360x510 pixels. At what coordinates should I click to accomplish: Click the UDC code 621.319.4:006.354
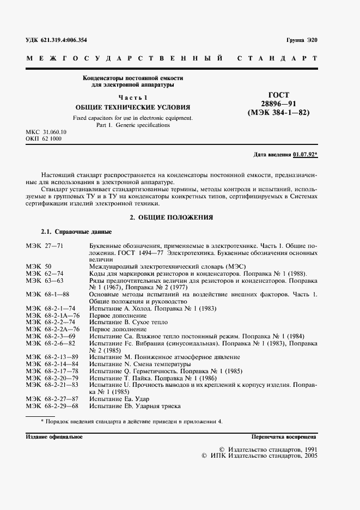[x=56, y=40]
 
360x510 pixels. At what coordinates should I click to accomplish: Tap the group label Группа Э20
[x=301, y=40]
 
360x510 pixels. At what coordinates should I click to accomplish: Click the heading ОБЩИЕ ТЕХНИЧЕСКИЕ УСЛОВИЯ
[x=133, y=107]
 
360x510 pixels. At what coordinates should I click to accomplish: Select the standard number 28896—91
[x=278, y=104]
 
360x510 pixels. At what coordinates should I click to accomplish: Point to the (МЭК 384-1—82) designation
[x=278, y=113]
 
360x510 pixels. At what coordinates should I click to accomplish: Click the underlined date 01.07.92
[x=304, y=154]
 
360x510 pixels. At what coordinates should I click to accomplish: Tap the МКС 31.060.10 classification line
[x=46, y=132]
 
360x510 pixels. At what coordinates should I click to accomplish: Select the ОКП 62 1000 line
[x=44, y=139]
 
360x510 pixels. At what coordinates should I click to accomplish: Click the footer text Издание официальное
[x=54, y=437]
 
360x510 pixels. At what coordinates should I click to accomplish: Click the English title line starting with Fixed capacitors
[x=132, y=118]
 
